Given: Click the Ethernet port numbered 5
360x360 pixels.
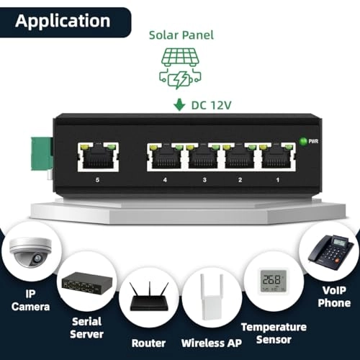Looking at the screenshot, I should (x=98, y=156).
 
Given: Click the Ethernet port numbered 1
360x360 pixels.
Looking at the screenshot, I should (x=277, y=156).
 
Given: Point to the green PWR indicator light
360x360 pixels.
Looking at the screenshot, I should (x=304, y=141).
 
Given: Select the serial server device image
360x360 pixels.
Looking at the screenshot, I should (x=85, y=284).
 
